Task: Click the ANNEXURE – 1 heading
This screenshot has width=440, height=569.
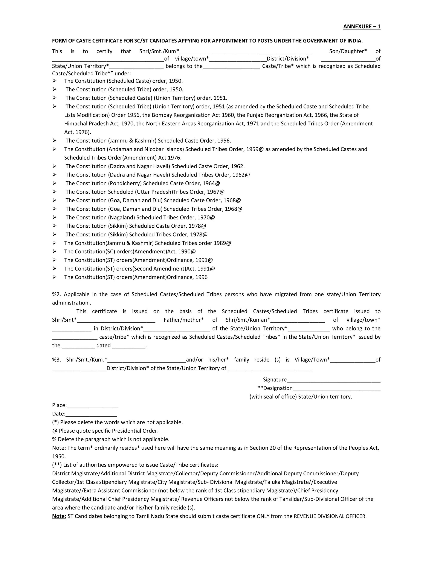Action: click(362, 27)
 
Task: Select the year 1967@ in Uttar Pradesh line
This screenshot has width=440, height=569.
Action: click(215, 192)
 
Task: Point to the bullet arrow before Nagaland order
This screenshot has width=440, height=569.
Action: click(54, 217)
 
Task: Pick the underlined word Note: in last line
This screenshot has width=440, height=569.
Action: click(59, 516)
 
